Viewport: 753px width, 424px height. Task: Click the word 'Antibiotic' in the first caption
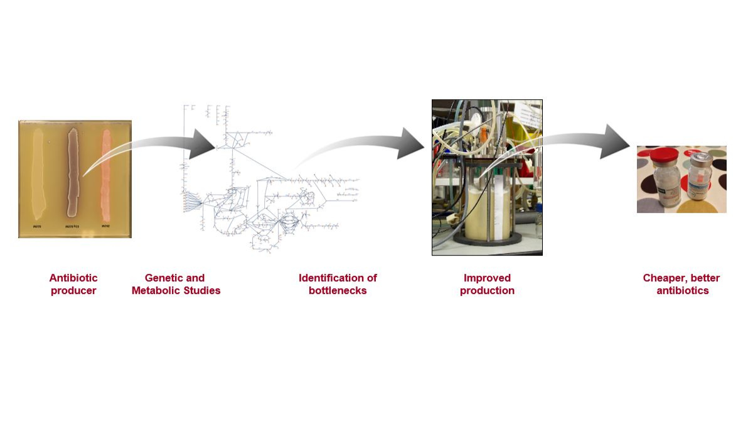tap(73, 278)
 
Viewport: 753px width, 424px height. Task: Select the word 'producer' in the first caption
tap(73, 291)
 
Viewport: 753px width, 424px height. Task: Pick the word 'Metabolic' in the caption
tap(156, 291)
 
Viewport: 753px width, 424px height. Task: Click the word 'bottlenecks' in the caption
tap(338, 291)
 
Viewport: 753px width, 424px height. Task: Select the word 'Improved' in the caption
tap(487, 278)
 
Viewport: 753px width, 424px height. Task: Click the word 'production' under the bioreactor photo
tap(487, 291)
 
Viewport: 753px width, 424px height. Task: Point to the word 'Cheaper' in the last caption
tap(666, 278)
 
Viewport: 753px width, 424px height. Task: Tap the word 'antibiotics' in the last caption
tap(683, 291)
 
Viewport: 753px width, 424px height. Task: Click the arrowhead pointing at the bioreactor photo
tap(411, 143)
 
